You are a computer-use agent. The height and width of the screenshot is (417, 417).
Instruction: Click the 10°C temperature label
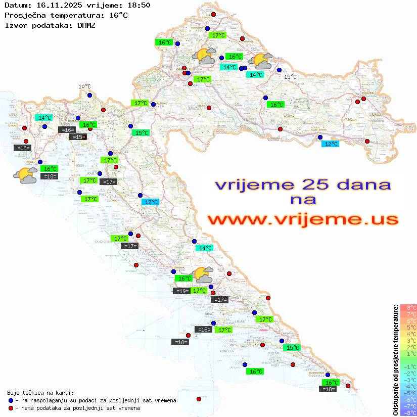[x=84, y=86]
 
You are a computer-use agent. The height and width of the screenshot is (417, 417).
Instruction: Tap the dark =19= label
[x=181, y=291]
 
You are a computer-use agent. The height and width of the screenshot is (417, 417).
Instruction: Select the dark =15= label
[x=78, y=137]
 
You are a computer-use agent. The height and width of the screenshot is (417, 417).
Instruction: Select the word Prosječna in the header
[x=25, y=15]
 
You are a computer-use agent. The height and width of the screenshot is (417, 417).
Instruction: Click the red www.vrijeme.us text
[x=302, y=220]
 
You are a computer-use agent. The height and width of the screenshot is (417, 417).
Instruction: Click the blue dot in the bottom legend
[x=11, y=400]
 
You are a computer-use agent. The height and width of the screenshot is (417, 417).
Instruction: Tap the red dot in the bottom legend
[x=11, y=408]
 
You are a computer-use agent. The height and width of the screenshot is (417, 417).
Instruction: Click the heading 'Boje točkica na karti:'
[x=40, y=393]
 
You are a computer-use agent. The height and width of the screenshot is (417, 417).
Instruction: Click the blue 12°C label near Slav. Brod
[x=331, y=144]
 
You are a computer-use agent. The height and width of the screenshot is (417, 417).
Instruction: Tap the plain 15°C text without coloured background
[x=290, y=77]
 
